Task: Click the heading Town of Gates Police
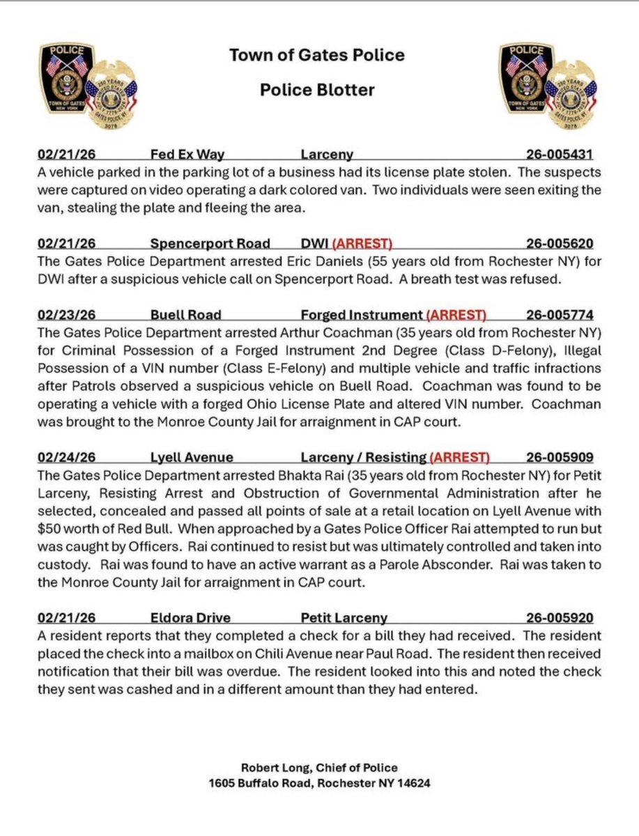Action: (317, 55)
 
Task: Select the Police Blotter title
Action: (317, 89)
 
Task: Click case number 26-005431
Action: (560, 155)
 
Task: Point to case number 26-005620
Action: (560, 244)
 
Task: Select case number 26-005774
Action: (560, 314)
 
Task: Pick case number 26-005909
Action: (560, 458)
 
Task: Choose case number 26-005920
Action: (560, 617)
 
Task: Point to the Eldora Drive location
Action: (190, 617)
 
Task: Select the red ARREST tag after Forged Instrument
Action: (456, 314)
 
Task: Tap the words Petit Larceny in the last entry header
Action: (344, 617)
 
